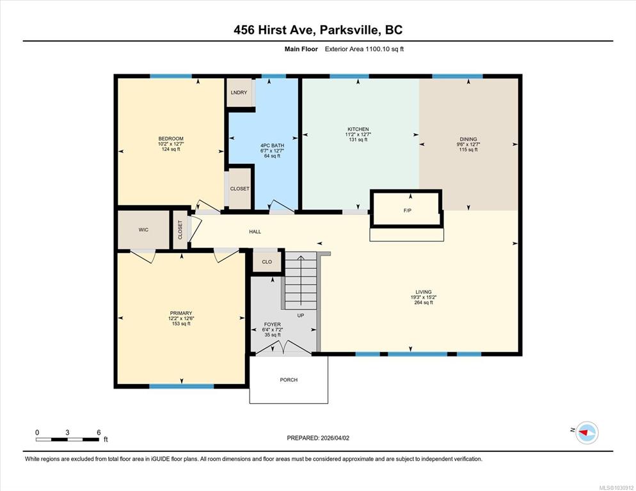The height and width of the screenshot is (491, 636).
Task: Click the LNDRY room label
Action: [239, 93]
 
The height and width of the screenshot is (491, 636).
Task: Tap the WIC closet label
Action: [143, 229]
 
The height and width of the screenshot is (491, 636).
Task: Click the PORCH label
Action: [289, 380]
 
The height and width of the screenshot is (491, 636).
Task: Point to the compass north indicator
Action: [585, 433]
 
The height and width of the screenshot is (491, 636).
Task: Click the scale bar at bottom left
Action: [68, 439]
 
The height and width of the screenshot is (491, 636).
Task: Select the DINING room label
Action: [468, 139]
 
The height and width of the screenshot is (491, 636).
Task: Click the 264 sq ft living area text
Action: [423, 302]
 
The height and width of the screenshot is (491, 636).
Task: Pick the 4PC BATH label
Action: [272, 145]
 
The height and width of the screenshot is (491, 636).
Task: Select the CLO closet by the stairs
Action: [267, 262]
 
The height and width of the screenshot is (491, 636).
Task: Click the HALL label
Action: [255, 232]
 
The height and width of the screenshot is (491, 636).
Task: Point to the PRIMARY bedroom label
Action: [181, 313]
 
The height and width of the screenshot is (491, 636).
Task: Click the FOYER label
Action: [273, 325]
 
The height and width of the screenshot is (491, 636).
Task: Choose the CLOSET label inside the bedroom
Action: [240, 189]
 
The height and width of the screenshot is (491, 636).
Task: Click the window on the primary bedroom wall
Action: [181, 386]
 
